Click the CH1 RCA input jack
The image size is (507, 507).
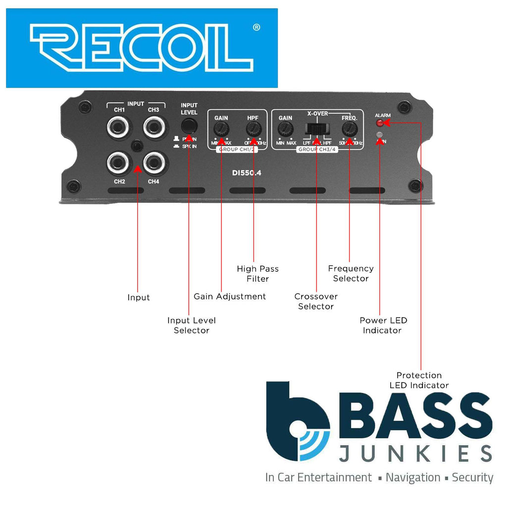(119, 128)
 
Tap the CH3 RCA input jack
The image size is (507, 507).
(154, 128)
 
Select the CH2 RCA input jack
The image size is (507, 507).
(119, 162)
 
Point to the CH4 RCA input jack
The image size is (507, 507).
(154, 162)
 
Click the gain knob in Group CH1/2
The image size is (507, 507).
(221, 130)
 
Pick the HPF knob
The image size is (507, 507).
(253, 130)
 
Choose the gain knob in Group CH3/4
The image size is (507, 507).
(285, 130)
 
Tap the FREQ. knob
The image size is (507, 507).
(350, 130)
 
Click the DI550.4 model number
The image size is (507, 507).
(247, 173)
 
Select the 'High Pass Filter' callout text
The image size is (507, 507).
(257, 274)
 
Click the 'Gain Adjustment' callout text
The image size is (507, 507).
(230, 297)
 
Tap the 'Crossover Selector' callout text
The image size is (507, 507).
(316, 302)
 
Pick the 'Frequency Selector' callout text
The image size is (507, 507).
(351, 273)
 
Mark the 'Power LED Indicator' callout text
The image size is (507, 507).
(383, 325)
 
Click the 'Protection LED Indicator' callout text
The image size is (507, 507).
(419, 380)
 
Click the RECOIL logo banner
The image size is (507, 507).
(142, 48)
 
